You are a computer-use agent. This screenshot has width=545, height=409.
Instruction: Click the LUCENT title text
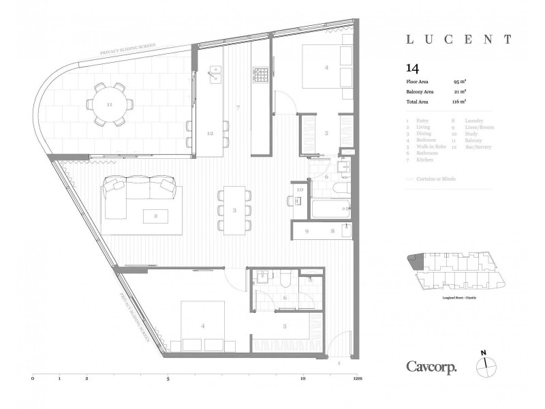click(459, 40)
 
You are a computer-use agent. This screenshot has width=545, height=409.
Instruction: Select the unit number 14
click(411, 67)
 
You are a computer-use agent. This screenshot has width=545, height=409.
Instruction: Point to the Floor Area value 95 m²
click(459, 81)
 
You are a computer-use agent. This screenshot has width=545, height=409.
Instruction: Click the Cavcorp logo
click(432, 366)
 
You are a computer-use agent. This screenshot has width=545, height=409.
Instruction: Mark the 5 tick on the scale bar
click(168, 378)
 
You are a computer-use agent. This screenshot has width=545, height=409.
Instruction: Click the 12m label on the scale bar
click(356, 378)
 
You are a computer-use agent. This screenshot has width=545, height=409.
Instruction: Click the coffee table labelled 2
click(156, 216)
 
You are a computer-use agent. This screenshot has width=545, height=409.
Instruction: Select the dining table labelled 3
click(234, 210)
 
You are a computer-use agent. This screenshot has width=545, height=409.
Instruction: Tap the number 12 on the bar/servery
click(210, 134)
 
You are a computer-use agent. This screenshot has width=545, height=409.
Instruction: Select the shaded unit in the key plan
click(415, 262)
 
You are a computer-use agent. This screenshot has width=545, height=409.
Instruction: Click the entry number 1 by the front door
click(339, 363)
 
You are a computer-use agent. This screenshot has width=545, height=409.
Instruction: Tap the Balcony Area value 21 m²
click(459, 91)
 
